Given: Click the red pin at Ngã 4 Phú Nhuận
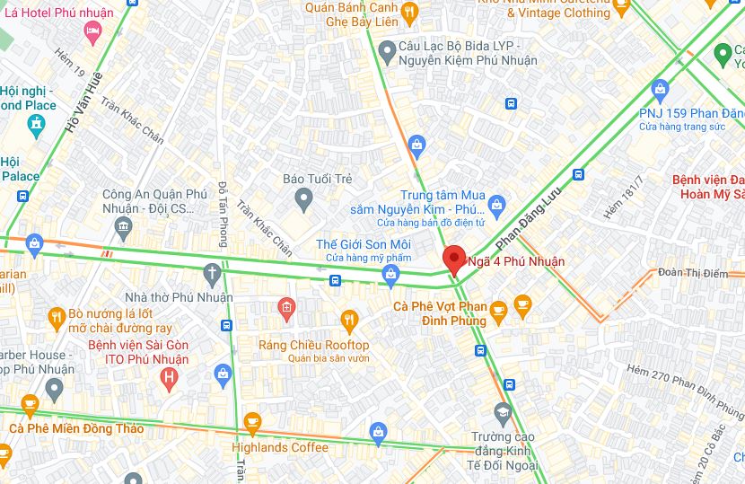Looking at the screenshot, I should click(x=454, y=259).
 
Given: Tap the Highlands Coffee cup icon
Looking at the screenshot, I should click(x=252, y=421).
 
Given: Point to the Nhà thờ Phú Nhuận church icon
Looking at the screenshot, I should click(x=212, y=272).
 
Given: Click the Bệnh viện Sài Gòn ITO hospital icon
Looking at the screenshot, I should click(x=168, y=378).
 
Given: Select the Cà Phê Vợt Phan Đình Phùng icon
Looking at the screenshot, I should click(x=497, y=310).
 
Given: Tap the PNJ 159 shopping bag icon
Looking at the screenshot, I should click(x=661, y=89).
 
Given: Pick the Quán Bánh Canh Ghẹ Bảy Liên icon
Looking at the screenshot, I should click(x=409, y=11).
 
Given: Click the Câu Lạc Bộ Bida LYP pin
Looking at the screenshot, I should click(x=387, y=53).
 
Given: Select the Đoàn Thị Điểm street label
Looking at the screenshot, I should click(x=692, y=273).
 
